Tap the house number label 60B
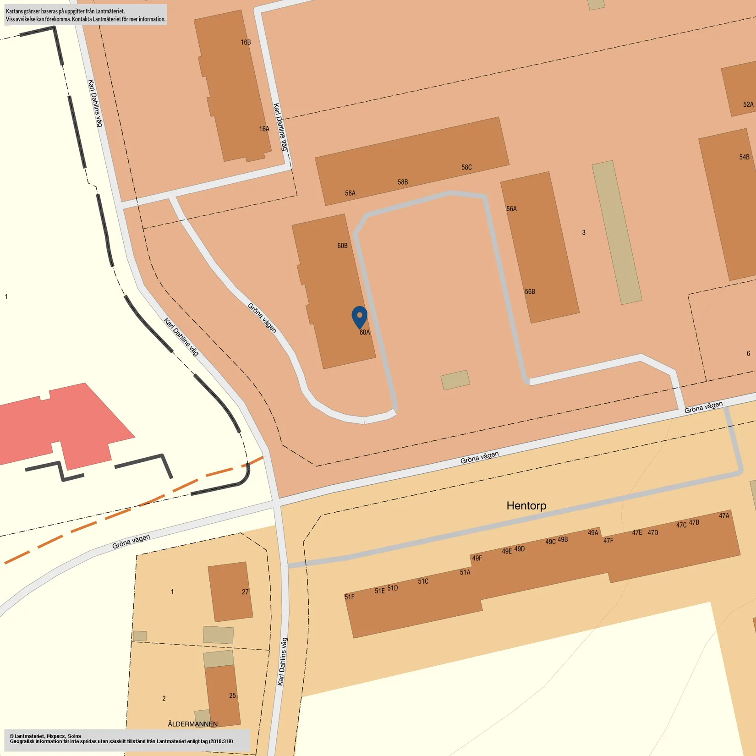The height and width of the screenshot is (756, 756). point(342,246)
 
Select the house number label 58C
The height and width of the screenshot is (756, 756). point(466,168)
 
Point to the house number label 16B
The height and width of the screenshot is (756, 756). point(246,43)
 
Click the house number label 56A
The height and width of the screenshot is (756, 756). point(511,209)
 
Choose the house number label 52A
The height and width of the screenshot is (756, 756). point(748,105)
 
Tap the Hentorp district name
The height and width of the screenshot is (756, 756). point(526,506)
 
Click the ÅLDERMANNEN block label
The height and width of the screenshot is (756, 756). point(192,724)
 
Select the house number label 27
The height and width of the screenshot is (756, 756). point(245,592)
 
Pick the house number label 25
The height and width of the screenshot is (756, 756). point(232,696)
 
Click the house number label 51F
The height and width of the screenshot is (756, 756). point(349,597)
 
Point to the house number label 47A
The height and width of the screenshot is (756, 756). point(724,516)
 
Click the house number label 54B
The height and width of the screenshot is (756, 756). point(744,157)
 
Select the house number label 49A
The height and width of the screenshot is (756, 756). point(593,533)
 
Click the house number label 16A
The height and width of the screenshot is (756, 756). point(264,129)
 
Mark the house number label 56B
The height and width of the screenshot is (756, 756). point(530,292)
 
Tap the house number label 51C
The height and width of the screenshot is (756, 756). point(423,581)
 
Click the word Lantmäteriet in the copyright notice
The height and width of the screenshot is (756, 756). point(29,736)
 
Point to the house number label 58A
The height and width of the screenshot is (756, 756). point(350,193)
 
